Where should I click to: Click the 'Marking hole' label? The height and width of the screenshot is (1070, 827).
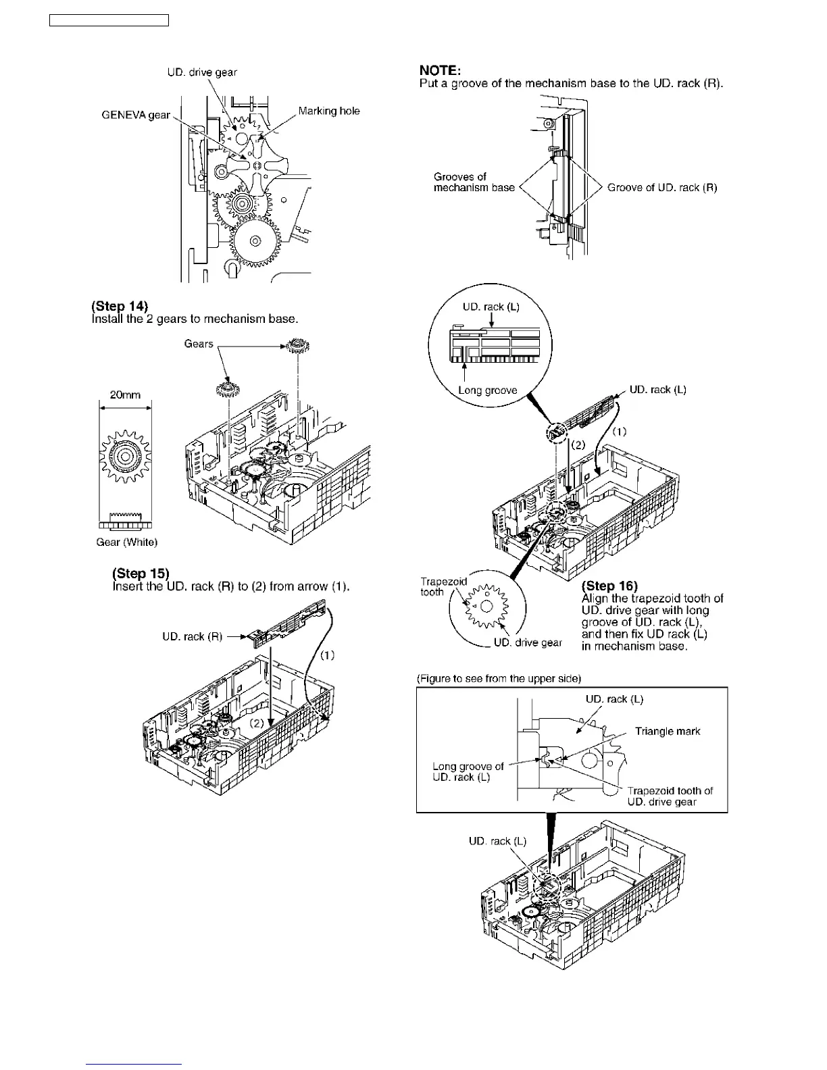[329, 111]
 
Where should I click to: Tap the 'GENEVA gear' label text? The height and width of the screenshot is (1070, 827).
[136, 115]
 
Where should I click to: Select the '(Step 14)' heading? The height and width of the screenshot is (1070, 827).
[120, 306]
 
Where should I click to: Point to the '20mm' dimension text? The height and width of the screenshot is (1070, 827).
[125, 394]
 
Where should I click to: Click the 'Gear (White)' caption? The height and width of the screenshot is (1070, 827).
[126, 542]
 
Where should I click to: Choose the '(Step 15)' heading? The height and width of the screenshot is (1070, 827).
[141, 574]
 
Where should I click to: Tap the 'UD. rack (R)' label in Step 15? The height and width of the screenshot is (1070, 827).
[192, 636]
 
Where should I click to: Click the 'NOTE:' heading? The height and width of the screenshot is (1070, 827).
[440, 70]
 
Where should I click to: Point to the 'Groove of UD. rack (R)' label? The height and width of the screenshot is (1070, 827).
[662, 188]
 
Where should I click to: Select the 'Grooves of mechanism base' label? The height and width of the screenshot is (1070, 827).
[474, 182]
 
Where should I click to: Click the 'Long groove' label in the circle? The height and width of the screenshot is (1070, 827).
[487, 390]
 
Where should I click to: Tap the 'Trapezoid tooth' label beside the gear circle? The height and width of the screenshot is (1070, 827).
[443, 586]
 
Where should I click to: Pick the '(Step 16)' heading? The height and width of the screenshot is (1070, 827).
[609, 586]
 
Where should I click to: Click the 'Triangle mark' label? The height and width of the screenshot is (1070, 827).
[668, 731]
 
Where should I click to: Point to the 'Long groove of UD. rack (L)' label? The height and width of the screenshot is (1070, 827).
[468, 771]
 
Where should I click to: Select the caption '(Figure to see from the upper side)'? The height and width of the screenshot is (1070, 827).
[499, 678]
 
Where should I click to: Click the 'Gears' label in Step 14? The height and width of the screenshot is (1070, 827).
[199, 344]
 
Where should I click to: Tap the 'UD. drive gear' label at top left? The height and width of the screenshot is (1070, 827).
[202, 72]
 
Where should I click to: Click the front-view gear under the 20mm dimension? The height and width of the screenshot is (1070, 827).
[125, 457]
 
